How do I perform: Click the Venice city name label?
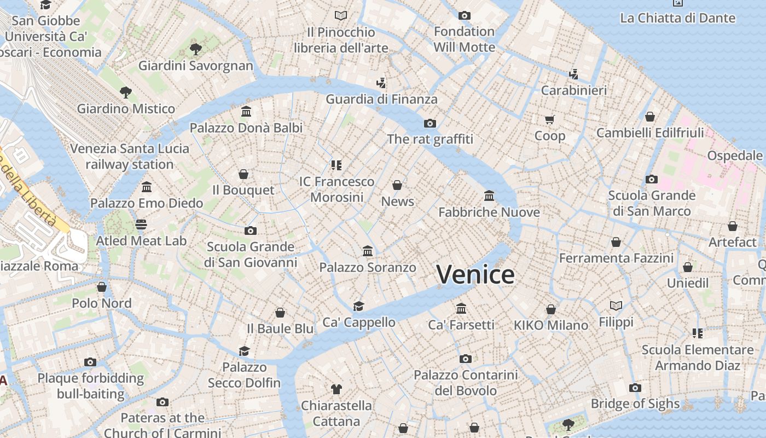click(475, 274)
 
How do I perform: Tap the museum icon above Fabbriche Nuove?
click(489, 195)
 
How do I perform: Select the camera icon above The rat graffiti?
click(430, 123)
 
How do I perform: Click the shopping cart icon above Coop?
click(549, 119)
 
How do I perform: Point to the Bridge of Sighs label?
click(635, 404)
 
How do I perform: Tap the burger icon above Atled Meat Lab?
click(141, 224)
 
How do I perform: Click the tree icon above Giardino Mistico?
click(126, 92)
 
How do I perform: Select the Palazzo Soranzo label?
click(368, 268)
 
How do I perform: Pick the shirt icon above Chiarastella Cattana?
click(336, 389)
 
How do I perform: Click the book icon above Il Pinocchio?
click(341, 16)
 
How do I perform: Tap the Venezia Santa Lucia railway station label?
click(130, 157)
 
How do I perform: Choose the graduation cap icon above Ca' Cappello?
click(358, 306)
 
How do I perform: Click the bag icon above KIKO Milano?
click(551, 309)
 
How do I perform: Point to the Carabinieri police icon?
click(573, 74)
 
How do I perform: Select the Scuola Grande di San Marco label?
click(652, 203)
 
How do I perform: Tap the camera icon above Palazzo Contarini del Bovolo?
click(466, 359)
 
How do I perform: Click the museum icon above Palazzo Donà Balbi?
click(246, 112)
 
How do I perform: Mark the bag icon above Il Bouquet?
click(243, 174)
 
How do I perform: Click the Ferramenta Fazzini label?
click(616, 258)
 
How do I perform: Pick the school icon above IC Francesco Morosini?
click(336, 165)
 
